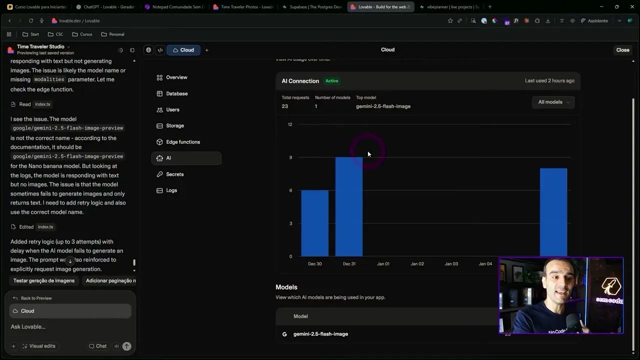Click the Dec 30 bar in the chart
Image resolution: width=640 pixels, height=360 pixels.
click(x=314, y=223)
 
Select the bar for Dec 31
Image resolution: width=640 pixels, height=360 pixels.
click(x=348, y=206)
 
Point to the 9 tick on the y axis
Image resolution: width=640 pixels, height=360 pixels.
click(x=290, y=157)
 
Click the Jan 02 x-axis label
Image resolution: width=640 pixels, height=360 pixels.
click(x=417, y=264)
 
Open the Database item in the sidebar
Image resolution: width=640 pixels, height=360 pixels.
click(x=176, y=93)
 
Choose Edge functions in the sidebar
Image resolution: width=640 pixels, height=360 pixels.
click(x=182, y=142)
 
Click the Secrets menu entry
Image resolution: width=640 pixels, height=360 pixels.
click(x=174, y=174)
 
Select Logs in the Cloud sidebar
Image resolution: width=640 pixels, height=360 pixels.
click(x=171, y=190)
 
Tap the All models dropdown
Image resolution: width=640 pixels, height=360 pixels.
click(x=553, y=102)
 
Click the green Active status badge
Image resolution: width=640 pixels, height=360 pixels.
click(x=331, y=81)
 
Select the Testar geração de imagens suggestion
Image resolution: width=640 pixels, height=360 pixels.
click(x=44, y=281)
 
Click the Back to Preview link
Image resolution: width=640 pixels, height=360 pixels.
click(x=36, y=298)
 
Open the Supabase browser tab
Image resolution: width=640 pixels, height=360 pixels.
click(x=312, y=7)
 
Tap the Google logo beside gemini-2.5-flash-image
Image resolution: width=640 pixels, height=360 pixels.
click(x=284, y=334)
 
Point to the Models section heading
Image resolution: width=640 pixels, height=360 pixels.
click(x=286, y=287)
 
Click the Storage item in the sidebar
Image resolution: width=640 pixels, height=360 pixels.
click(x=174, y=125)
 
